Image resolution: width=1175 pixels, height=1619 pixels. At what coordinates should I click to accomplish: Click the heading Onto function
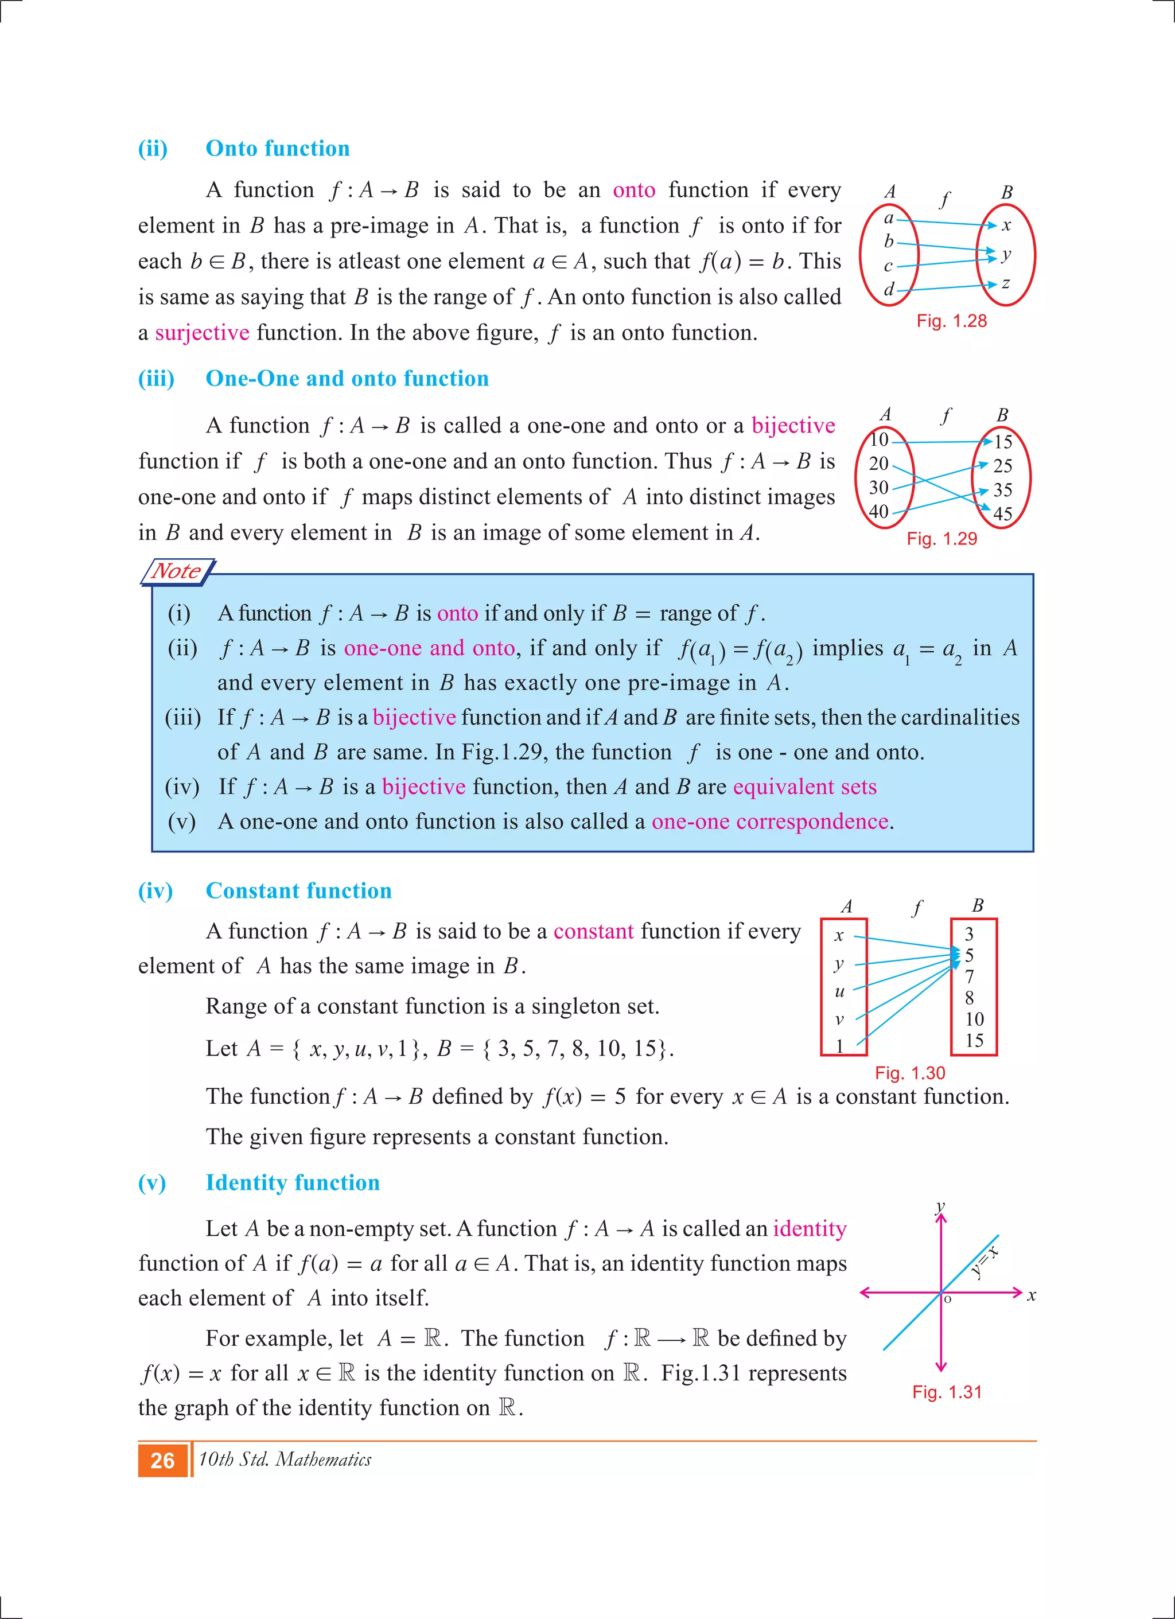(278, 149)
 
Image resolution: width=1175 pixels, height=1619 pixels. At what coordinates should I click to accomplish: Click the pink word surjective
(202, 333)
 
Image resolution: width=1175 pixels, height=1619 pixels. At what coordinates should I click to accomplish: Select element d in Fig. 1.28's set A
(889, 290)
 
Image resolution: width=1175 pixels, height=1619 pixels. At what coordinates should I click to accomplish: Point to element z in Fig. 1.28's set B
(1005, 283)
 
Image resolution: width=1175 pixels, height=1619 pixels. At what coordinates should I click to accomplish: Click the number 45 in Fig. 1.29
(1002, 514)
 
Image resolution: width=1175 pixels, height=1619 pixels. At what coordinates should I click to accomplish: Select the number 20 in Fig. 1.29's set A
(879, 464)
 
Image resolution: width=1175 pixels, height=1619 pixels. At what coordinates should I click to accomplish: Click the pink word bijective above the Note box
(792, 426)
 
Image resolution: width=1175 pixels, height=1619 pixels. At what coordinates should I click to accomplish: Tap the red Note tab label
(176, 571)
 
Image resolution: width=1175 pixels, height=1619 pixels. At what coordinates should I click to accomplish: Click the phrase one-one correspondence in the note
(769, 822)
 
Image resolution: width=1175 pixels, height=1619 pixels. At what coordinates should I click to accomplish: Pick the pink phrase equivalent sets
(804, 787)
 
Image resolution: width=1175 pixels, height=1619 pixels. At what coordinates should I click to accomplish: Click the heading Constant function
(298, 891)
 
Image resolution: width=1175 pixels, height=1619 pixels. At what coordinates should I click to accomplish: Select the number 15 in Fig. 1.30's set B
(974, 1041)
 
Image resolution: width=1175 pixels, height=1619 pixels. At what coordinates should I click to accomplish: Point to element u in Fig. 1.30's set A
(839, 991)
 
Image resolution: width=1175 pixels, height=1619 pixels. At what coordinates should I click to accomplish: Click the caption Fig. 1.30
(909, 1073)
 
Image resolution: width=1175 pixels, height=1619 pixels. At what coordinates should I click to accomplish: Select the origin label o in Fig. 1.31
(948, 1300)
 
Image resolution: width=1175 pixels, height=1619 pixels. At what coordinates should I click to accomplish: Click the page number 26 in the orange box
(163, 1461)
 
